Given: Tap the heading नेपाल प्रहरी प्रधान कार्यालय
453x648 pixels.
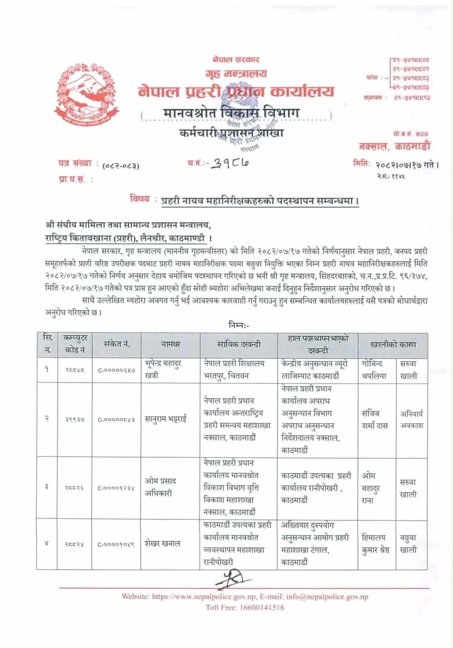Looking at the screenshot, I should click(x=236, y=91).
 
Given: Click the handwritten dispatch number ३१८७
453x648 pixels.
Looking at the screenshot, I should click(x=229, y=163).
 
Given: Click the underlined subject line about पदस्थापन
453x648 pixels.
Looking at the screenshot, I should click(x=260, y=201).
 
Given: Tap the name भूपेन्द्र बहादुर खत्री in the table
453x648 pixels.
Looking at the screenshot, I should click(x=164, y=370).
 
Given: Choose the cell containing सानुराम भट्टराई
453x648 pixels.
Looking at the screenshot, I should click(x=166, y=419).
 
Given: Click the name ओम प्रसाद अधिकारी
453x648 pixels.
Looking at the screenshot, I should click(x=160, y=487).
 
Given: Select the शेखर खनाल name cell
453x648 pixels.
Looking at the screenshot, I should click(x=162, y=544).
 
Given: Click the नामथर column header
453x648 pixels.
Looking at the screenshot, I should click(x=170, y=344).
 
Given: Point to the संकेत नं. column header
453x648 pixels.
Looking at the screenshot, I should click(x=117, y=344).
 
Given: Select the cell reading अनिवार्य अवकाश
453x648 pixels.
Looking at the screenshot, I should click(x=411, y=419).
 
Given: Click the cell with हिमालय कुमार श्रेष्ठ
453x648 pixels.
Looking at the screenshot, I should click(x=375, y=544).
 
